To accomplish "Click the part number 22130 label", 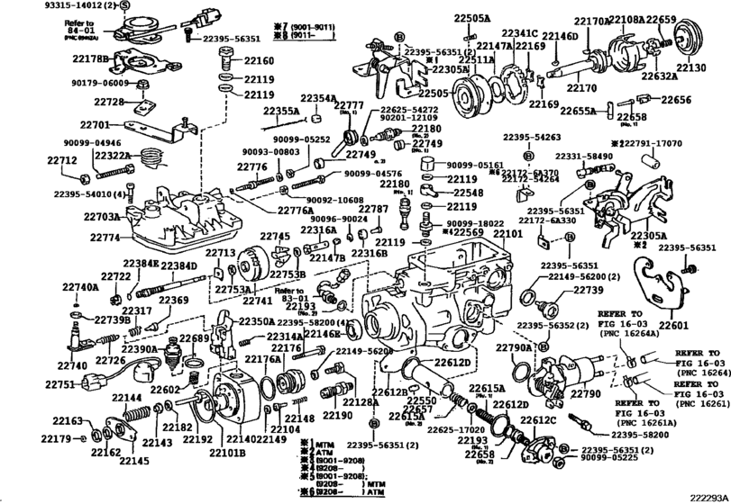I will click(691, 68).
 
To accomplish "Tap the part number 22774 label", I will click(105, 238).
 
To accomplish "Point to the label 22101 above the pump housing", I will click(507, 232).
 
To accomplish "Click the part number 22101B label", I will click(228, 452).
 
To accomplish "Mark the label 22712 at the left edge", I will click(62, 160).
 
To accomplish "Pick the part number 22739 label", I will click(588, 291).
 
